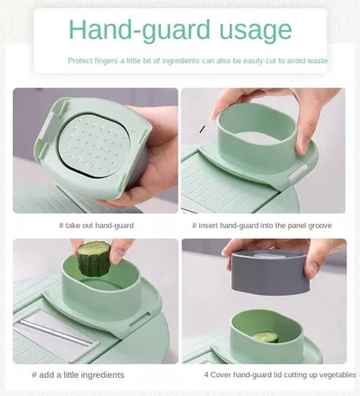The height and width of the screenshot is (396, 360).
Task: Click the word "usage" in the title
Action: (255, 30)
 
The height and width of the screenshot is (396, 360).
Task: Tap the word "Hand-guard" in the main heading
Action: (140, 30)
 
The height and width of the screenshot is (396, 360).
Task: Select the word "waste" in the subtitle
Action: (318, 61)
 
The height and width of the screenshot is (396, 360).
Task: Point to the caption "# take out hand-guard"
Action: (96, 226)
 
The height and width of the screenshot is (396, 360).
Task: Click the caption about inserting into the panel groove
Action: (262, 226)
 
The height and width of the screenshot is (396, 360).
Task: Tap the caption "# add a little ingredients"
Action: (78, 374)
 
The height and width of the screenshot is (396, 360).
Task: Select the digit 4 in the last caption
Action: (206, 374)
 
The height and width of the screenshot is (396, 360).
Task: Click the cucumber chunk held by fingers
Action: (94, 259)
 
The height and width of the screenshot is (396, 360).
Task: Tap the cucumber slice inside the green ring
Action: (266, 336)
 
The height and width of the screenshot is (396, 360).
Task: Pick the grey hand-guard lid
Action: (269, 272)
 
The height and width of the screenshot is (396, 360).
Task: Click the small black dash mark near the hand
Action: (202, 130)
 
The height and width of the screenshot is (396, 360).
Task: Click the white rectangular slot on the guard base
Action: (298, 172)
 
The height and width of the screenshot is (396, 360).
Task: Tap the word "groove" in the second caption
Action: (320, 226)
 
